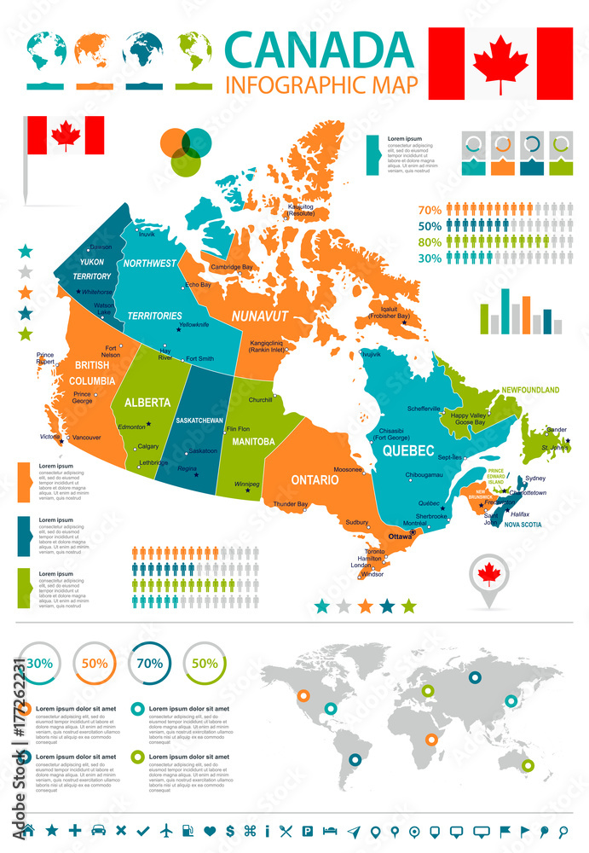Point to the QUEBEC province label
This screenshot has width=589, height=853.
(408, 450)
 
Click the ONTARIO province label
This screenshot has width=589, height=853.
(315, 480)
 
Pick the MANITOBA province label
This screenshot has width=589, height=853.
(253, 442)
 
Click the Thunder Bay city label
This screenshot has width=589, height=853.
(291, 505)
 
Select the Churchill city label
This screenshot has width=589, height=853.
(260, 400)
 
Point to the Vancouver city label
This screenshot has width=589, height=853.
(87, 438)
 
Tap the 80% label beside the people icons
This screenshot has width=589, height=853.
(430, 241)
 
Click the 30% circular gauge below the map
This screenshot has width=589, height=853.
(39, 663)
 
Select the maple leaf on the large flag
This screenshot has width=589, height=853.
(500, 63)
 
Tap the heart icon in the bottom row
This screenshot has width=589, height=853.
(210, 830)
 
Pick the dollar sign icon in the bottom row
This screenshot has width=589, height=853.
(231, 830)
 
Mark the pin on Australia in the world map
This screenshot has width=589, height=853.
(528, 765)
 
